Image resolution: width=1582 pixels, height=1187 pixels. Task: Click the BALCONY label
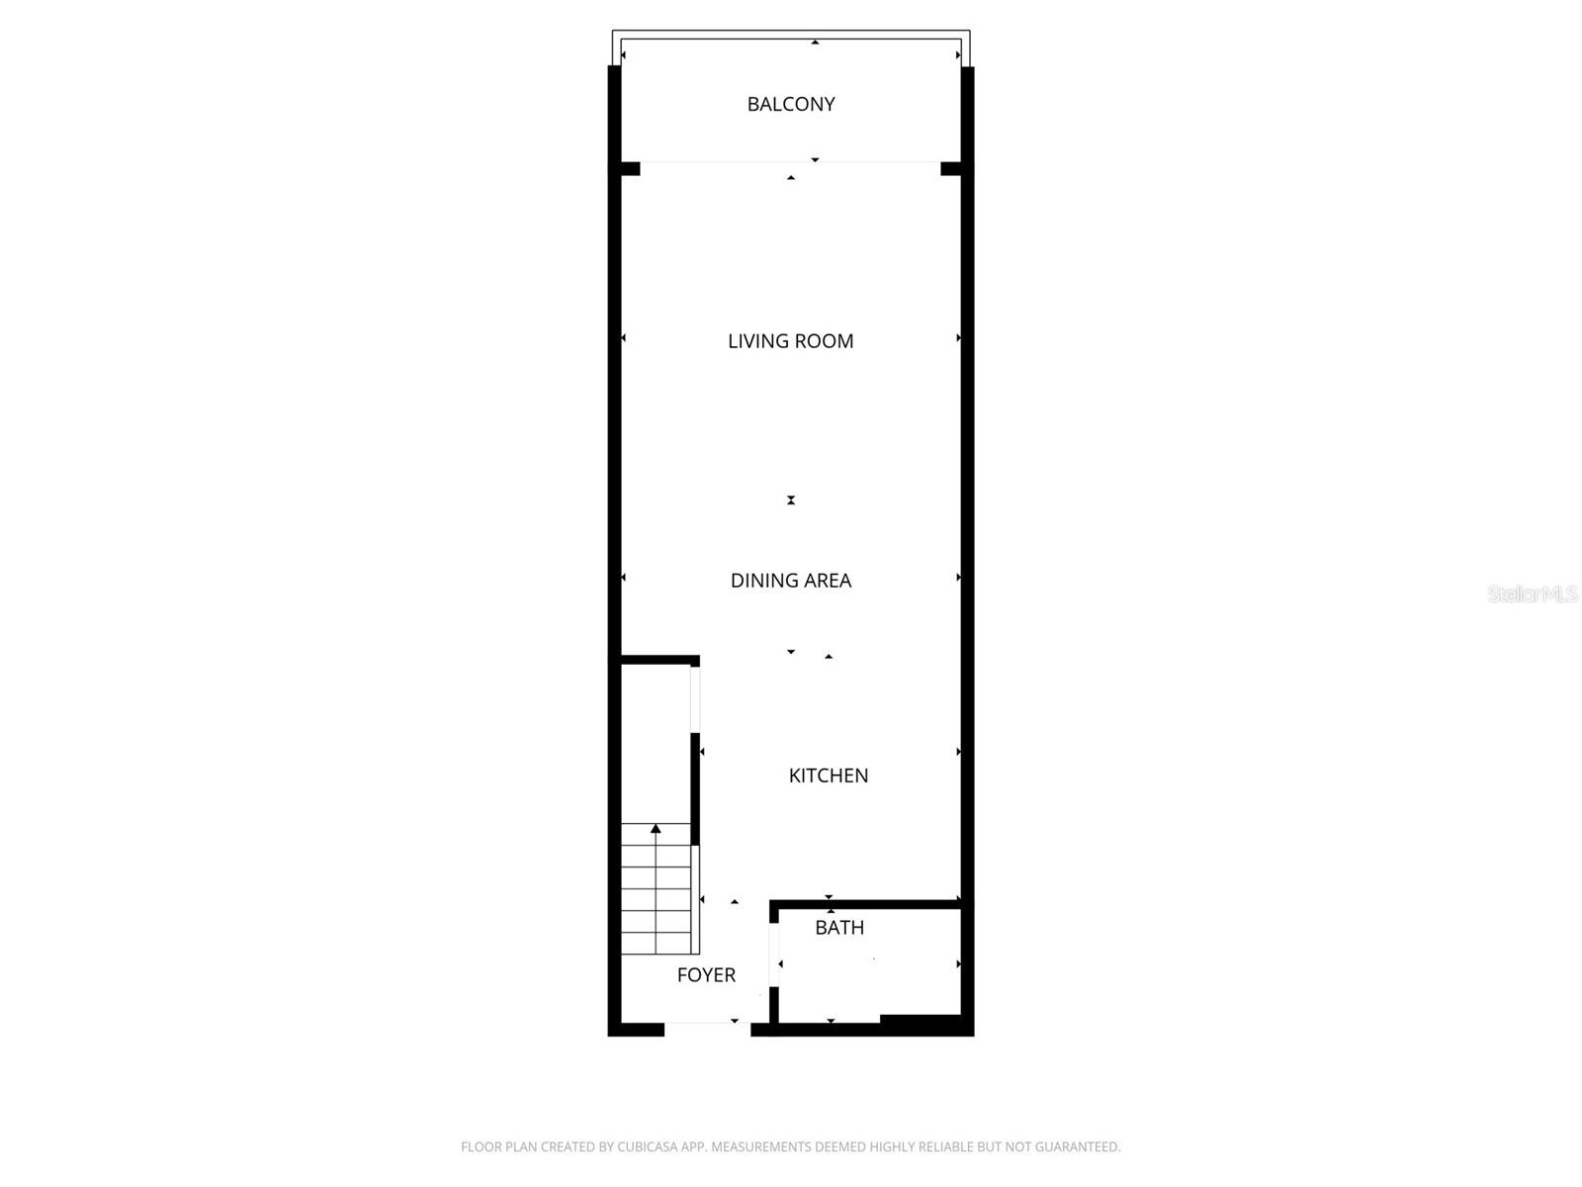click(791, 104)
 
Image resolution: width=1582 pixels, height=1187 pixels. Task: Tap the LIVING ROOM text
click(791, 341)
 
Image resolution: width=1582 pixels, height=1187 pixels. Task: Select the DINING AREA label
click(791, 581)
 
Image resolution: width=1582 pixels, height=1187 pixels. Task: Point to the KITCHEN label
click(829, 776)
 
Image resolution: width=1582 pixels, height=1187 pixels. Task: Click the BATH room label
click(839, 928)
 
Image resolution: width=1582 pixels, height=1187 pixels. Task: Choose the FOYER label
click(706, 975)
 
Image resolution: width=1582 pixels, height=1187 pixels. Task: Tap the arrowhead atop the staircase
click(656, 829)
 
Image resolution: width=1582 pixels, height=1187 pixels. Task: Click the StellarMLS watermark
click(1533, 593)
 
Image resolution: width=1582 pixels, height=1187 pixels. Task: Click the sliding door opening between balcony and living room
click(791, 163)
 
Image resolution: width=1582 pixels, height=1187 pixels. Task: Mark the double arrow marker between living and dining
click(791, 501)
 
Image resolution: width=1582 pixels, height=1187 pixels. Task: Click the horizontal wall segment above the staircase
click(659, 660)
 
